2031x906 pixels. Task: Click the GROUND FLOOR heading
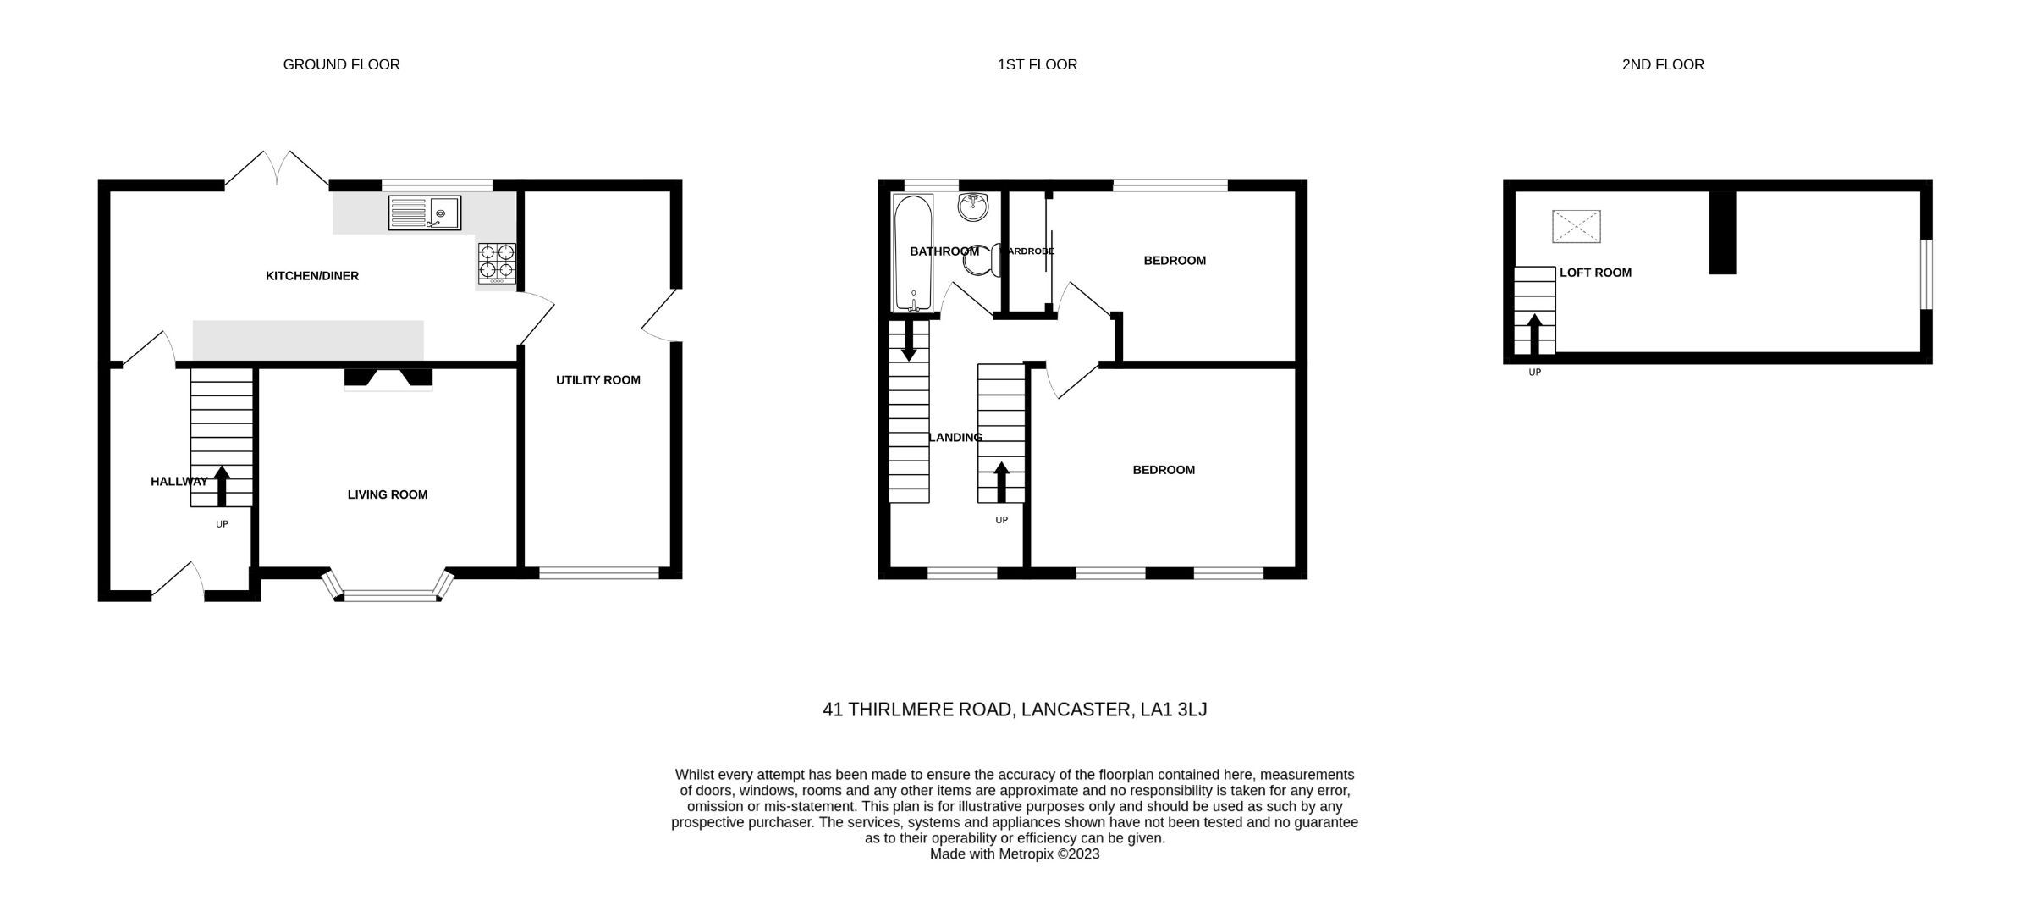[341, 64]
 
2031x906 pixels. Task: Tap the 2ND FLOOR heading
[1662, 64]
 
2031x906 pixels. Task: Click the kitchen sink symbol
[425, 213]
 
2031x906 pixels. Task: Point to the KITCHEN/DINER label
[312, 276]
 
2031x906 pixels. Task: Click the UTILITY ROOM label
[597, 380]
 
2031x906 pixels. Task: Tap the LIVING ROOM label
[388, 494]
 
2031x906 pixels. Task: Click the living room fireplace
[388, 378]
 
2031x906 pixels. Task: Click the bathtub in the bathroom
[913, 252]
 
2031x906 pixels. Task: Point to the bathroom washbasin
[973, 207]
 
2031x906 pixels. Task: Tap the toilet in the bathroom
[982, 262]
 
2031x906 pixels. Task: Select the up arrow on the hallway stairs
[222, 485]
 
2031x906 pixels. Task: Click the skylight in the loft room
[1576, 226]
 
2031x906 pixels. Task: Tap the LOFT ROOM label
[1595, 273]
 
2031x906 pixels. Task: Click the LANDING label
[955, 438]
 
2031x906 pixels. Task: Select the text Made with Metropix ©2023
[1014, 854]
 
